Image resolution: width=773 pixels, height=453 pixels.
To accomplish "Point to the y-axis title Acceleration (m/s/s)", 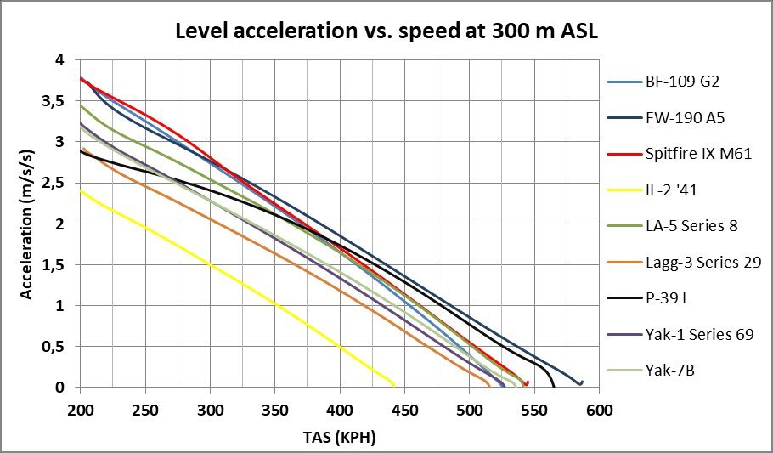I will tap(28, 224).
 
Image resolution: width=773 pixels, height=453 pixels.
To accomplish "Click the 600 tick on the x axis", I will tap(600, 408).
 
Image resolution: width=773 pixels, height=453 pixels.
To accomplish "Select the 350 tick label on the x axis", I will tap(275, 408).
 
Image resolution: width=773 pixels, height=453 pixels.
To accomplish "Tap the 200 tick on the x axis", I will tap(81, 408).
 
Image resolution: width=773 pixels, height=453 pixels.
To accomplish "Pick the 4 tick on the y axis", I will tap(59, 60).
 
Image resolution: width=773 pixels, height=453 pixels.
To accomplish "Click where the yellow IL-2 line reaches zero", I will tap(394, 387).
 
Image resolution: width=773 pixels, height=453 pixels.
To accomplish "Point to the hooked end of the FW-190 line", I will tap(582, 382).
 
